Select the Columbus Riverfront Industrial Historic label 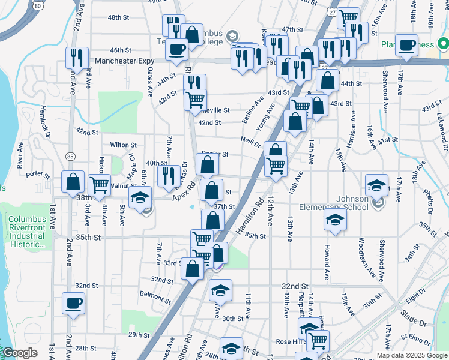26,232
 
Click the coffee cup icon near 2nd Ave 73,303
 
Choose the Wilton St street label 123,145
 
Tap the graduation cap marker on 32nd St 220,290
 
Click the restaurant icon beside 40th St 169,175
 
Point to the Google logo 20,353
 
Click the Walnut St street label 122,187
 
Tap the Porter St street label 37,174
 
